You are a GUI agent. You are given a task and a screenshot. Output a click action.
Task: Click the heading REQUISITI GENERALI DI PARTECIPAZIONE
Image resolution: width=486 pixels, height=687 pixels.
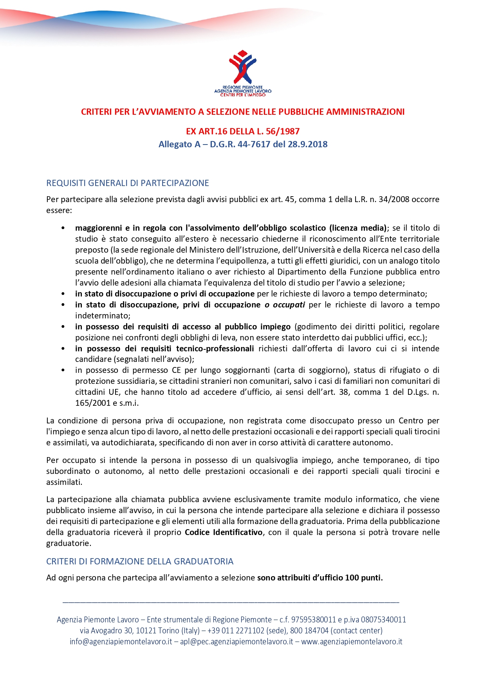pos(127,183)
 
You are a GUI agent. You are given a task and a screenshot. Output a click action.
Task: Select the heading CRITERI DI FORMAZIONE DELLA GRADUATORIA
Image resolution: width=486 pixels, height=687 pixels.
pos(139,561)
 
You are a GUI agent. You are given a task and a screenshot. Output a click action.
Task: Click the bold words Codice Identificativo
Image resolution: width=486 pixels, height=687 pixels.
pos(224,532)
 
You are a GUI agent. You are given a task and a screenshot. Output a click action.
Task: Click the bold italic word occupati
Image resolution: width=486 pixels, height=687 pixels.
pos(289,305)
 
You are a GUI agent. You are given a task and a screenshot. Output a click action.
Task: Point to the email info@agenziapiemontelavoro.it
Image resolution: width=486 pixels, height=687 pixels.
pos(121,642)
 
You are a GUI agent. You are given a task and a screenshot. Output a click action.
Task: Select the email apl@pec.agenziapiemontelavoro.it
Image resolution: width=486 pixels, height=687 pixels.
pos(236,642)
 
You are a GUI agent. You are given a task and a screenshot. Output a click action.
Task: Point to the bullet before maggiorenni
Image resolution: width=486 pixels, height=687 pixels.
pos(63,228)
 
